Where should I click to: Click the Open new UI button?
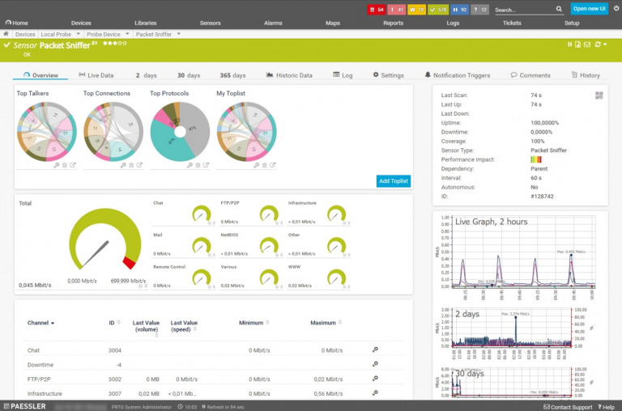coord(590,9)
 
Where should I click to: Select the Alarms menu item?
coord(273,23)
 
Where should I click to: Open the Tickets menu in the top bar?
coord(512,23)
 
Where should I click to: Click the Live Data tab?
coord(96,75)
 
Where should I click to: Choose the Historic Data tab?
coord(289,75)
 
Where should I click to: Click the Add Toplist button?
coord(393,180)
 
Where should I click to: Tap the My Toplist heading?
coord(232,94)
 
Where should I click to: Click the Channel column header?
coord(40,323)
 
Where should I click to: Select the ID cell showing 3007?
coord(115,393)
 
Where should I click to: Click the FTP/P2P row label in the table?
coord(39,379)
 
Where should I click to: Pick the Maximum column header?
coord(322,323)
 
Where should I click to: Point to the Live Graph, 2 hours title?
coord(492,221)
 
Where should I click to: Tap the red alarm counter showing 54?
coord(377,10)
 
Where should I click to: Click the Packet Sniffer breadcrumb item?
coord(153,35)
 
